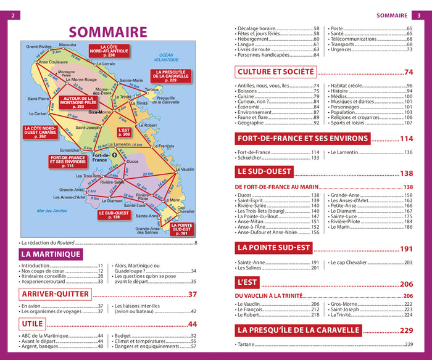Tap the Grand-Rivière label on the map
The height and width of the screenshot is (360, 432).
pyautogui.click(x=38, y=46)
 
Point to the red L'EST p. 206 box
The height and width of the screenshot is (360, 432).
pyautogui.click(x=124, y=131)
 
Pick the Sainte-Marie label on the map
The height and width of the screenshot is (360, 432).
pyautogui.click(x=131, y=81)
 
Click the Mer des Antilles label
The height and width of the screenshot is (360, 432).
pyautogui.click(x=51, y=211)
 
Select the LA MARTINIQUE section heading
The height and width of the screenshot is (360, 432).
pyautogui.click(x=51, y=254)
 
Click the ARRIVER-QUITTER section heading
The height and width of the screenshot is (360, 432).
pyautogui.click(x=55, y=294)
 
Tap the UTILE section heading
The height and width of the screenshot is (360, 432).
pyautogui.click(x=32, y=324)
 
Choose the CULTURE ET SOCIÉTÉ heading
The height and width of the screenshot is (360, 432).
pyautogui.click(x=276, y=72)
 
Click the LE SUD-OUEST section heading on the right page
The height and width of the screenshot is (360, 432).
pyautogui.click(x=265, y=172)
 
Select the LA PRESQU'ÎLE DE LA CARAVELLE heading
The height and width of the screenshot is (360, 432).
pyautogui.click(x=298, y=330)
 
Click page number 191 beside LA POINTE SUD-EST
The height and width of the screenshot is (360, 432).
pyautogui.click(x=405, y=249)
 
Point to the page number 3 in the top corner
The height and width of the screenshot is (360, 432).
pyautogui.click(x=417, y=15)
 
